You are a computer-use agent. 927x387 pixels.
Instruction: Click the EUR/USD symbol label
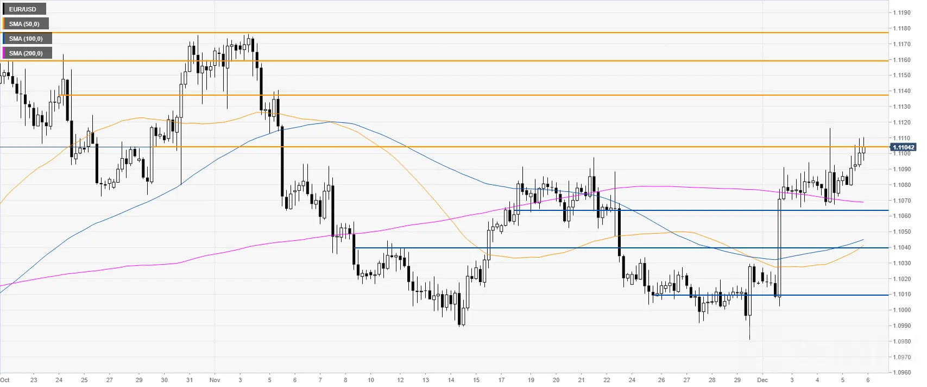pos(23,9)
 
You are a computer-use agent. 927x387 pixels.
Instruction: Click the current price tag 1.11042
pos(904,147)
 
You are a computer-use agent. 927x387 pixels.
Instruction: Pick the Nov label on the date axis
pos(215,380)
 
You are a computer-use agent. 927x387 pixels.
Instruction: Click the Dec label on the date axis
pos(762,380)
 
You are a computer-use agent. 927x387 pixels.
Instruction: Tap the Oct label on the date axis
pos(5,380)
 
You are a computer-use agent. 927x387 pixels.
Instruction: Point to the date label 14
pos(451,380)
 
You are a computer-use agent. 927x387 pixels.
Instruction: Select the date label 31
pos(190,380)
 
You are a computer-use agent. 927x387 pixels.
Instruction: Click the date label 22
pos(607,380)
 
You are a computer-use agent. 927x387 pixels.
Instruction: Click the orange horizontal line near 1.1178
pos(444,32)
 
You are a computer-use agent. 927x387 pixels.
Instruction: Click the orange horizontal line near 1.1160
pos(444,61)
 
